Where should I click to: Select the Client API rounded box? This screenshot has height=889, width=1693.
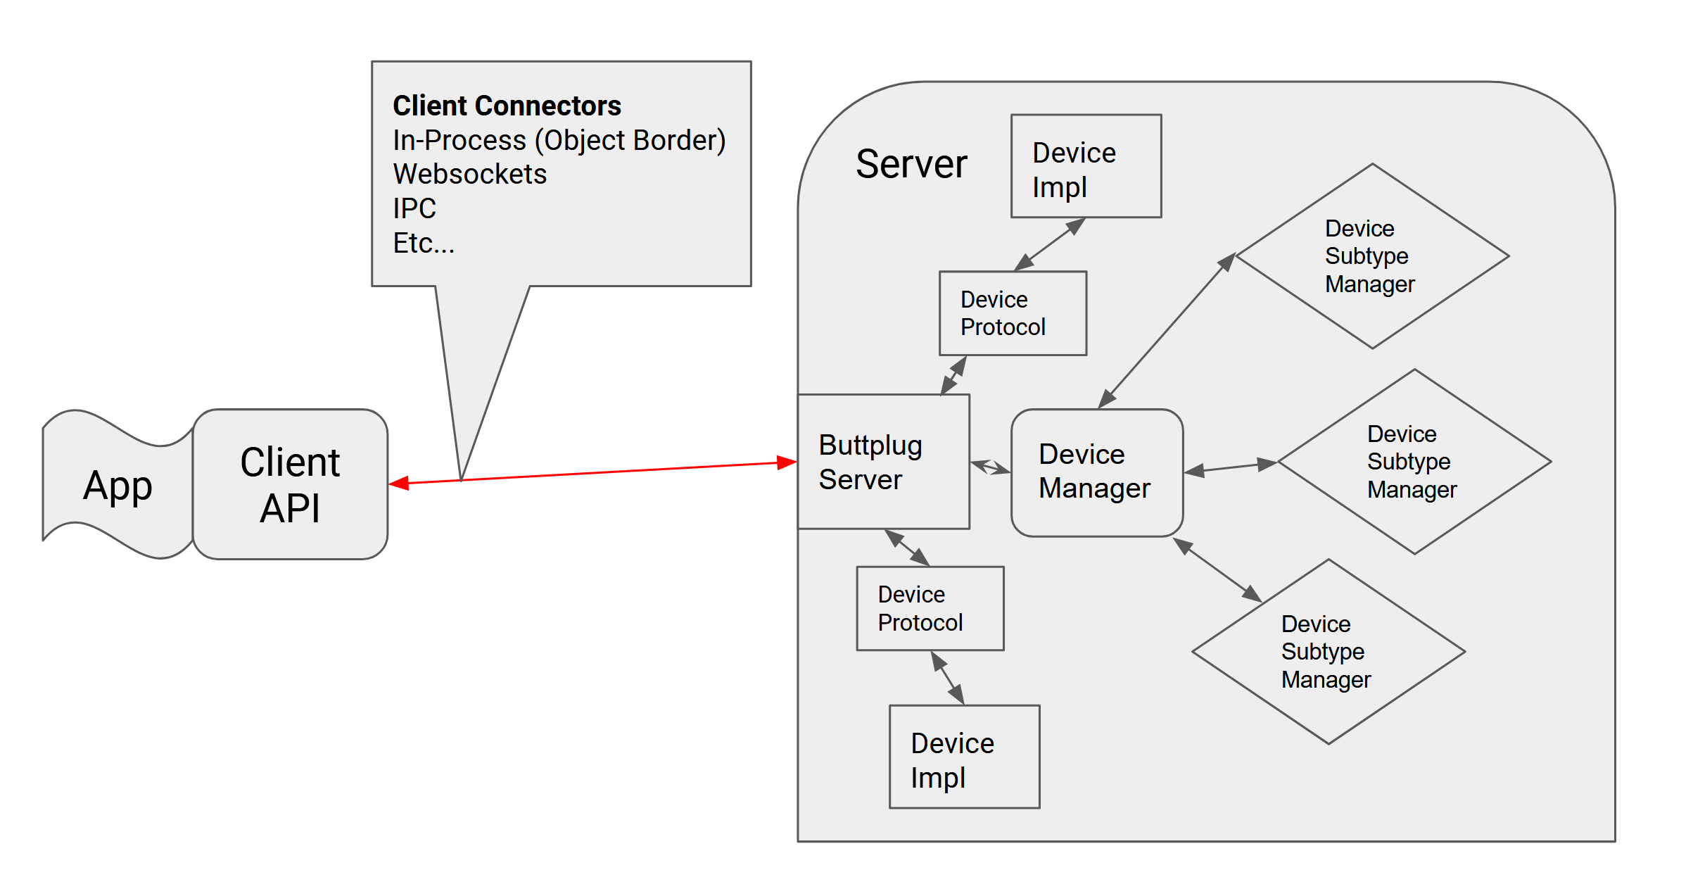pyautogui.click(x=290, y=484)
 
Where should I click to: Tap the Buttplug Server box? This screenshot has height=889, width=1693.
pyautogui.click(x=883, y=462)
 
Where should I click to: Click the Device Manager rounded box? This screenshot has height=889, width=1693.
pyautogui.click(x=1096, y=472)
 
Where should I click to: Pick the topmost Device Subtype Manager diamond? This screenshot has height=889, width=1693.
pyautogui.click(x=1371, y=256)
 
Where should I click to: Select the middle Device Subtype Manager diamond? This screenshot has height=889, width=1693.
pyautogui.click(x=1414, y=462)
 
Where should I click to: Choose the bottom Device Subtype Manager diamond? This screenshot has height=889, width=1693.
pyautogui.click(x=1328, y=652)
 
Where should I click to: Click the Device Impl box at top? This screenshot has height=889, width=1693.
pyautogui.click(x=1086, y=166)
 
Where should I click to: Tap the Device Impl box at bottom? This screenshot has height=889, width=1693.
pyautogui.click(x=964, y=757)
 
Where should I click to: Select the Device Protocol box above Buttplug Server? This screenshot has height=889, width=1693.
pyautogui.click(x=1013, y=313)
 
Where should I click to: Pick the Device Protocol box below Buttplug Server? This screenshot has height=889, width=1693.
pyautogui.click(x=930, y=608)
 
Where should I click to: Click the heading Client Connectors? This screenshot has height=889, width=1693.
pyautogui.click(x=507, y=106)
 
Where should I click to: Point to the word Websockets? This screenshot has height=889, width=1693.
pyautogui.click(x=469, y=174)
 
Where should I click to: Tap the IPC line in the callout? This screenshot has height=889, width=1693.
pyautogui.click(x=414, y=208)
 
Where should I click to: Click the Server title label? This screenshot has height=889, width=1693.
pyautogui.click(x=911, y=164)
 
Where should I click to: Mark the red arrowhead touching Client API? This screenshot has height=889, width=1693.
pyautogui.click(x=399, y=483)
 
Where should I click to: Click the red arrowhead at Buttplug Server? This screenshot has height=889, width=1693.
pyautogui.click(x=787, y=462)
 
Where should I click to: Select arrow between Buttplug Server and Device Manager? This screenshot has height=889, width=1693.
pyautogui.click(x=990, y=467)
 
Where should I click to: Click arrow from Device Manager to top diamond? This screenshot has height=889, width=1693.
pyautogui.click(x=1167, y=331)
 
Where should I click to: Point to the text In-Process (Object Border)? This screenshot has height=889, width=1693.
pyautogui.click(x=559, y=140)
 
